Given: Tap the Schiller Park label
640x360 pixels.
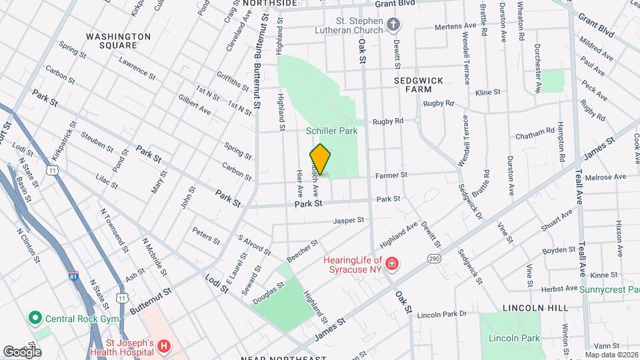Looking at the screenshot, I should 332,131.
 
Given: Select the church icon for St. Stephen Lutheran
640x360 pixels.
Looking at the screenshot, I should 394,25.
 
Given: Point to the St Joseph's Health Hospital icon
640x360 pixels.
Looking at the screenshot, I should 163,347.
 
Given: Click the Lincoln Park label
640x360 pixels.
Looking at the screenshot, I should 513,339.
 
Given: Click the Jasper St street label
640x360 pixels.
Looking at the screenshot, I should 349,220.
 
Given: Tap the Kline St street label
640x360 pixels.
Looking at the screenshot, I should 489,92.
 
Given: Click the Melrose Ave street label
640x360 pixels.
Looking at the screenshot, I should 610,177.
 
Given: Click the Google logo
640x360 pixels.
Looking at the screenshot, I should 22,351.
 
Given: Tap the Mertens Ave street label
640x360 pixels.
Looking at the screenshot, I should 455,26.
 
